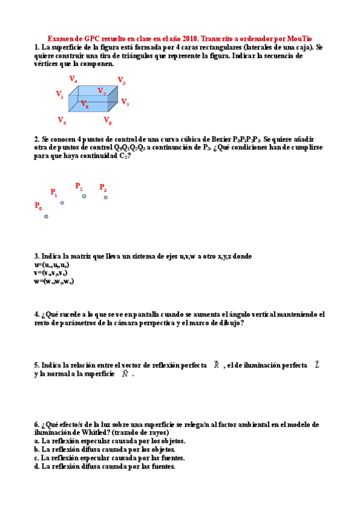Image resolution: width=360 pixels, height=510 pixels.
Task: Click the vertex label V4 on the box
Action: coord(73,79)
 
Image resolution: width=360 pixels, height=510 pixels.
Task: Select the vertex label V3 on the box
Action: coord(121,81)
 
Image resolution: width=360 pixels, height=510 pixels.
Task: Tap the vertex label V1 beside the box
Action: coord(59,94)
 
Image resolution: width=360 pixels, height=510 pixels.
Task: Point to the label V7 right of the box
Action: coord(125,102)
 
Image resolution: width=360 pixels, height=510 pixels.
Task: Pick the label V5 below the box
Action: coord(62,120)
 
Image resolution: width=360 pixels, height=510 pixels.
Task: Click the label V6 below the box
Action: coord(108,121)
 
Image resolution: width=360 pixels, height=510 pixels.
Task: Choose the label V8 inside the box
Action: coord(85,103)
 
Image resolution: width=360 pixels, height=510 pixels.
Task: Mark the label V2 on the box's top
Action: coord(102,91)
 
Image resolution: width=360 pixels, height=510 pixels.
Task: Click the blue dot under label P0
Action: coord(46,217)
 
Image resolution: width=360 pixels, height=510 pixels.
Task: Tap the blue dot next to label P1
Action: coord(62,203)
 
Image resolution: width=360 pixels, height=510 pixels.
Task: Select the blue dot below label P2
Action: coord(84,196)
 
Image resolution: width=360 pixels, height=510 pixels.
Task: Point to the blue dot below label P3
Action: coord(106,197)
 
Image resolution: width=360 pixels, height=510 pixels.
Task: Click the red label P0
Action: coord(38,206)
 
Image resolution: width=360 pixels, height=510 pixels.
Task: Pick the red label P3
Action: coord(103,187)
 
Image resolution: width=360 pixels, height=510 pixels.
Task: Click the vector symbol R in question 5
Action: coord(216,365)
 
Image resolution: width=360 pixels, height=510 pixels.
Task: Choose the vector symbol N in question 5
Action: coord(125,373)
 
